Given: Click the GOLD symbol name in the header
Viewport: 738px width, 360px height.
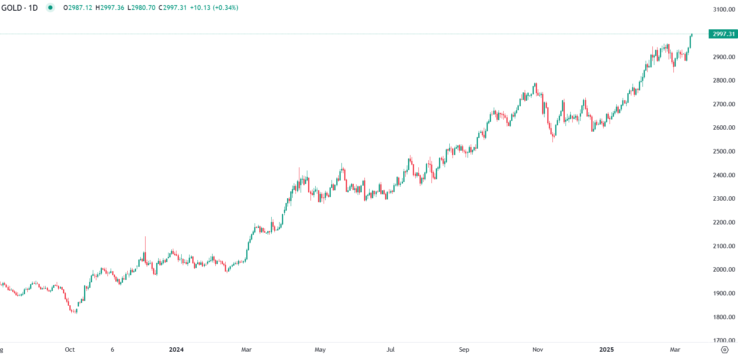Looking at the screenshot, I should click(x=12, y=8).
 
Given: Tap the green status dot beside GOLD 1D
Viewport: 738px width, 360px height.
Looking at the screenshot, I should click(x=50, y=8).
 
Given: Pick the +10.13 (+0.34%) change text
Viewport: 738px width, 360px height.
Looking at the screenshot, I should click(x=214, y=8).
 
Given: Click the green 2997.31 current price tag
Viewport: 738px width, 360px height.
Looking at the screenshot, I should click(x=723, y=34).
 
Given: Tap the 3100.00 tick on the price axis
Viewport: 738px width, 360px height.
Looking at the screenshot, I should click(x=724, y=10).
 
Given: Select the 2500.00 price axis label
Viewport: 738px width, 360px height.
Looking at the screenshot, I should click(x=724, y=151).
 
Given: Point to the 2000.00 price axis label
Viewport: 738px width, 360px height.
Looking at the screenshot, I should click(x=724, y=270).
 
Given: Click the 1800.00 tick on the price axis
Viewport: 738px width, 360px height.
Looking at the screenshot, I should click(x=724, y=317).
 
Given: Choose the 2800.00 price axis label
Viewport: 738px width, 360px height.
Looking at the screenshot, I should click(x=724, y=80).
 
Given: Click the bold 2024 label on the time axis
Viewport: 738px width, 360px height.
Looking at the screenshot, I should click(x=176, y=350).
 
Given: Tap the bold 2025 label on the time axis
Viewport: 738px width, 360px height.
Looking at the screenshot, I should click(x=606, y=350).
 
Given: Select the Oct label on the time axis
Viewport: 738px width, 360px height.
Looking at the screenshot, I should click(x=70, y=350).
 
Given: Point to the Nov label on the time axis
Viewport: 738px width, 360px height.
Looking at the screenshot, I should click(x=538, y=350).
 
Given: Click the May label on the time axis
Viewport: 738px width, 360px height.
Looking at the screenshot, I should click(x=320, y=350).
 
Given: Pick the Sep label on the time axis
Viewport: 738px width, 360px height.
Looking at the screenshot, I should click(x=464, y=350).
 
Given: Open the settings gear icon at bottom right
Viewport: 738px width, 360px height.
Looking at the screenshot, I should click(x=725, y=350).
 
